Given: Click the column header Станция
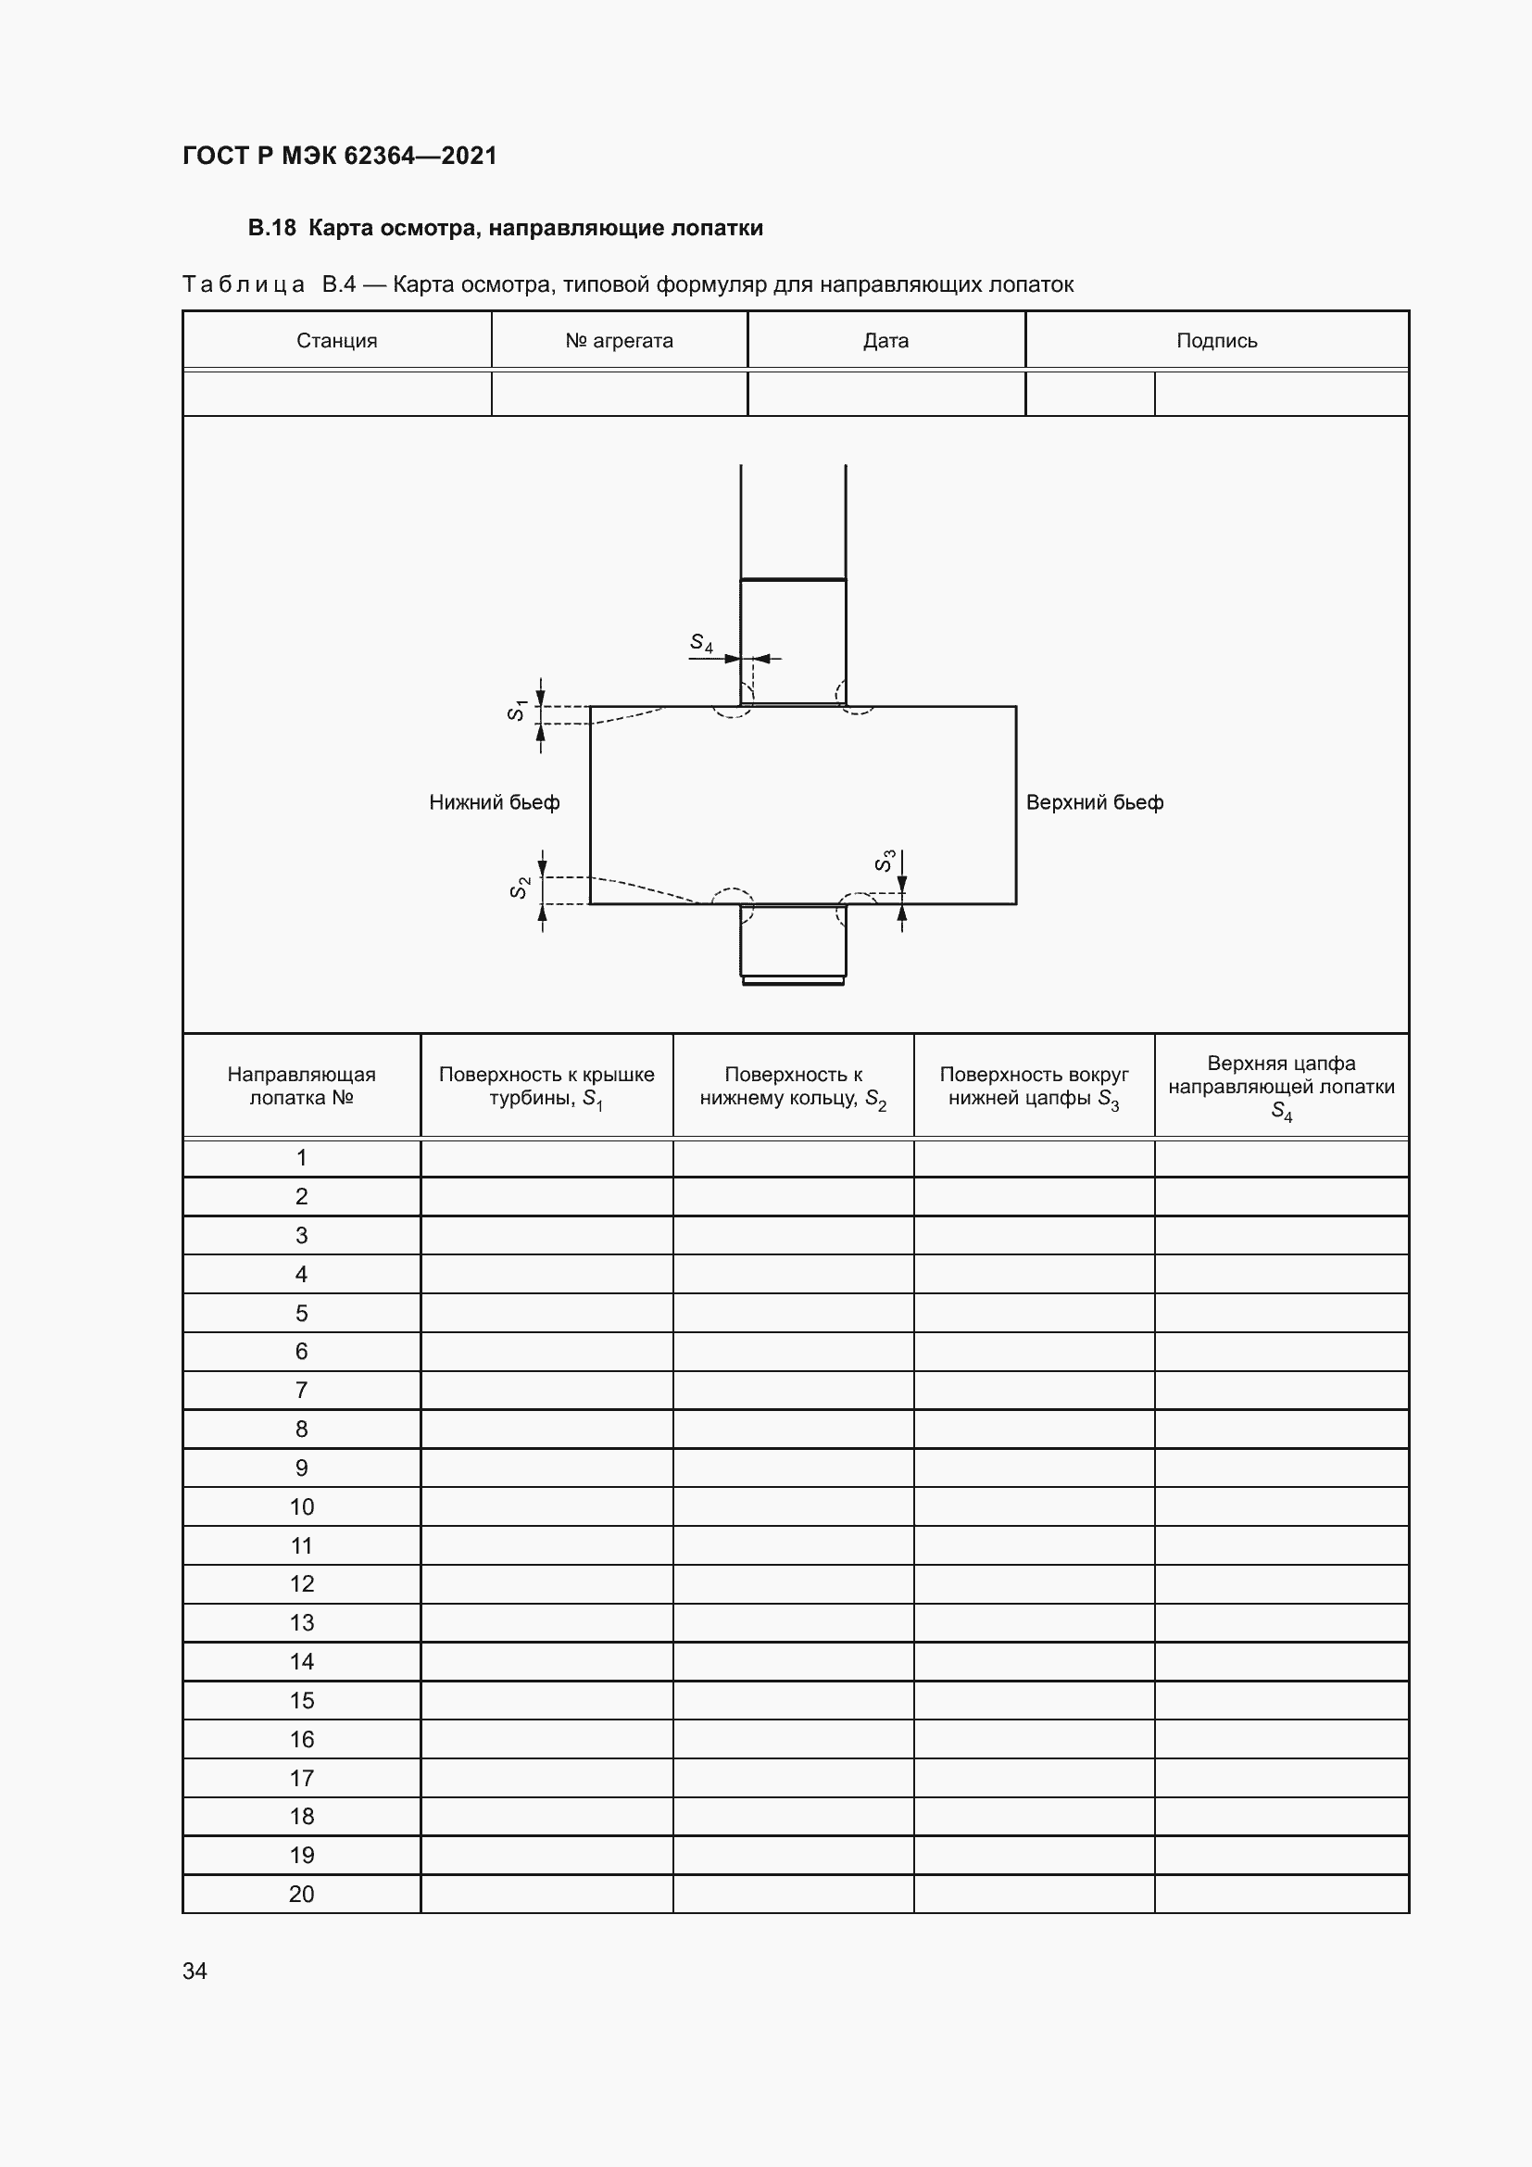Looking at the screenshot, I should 337,341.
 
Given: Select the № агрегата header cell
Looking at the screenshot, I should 619,341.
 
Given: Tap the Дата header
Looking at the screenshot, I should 885,341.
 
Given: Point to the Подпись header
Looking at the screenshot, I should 1216,341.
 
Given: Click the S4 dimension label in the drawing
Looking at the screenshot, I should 701,643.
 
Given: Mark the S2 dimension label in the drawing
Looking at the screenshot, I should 519,888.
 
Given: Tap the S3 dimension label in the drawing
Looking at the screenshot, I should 884,860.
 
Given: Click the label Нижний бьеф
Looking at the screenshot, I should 495,802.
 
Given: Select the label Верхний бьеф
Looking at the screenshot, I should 1094,802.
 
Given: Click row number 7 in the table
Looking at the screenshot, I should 302,1390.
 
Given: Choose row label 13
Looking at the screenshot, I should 302,1622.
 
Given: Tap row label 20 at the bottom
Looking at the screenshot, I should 302,1894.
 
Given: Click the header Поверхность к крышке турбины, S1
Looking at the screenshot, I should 546,1087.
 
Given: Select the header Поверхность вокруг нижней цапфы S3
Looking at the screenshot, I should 1034,1087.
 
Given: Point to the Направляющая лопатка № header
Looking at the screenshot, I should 302,1086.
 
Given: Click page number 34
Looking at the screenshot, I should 195,1971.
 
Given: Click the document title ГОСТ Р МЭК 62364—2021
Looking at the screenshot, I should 340,156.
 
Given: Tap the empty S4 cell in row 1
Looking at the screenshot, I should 1281,1157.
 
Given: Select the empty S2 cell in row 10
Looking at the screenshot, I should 794,1506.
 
